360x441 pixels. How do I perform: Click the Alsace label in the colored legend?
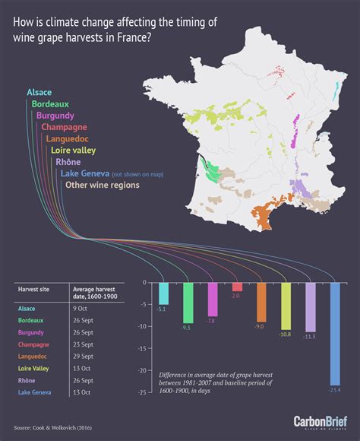click(39, 92)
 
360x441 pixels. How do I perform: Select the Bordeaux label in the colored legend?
click(51, 103)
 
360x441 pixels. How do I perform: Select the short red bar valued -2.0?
click(237, 287)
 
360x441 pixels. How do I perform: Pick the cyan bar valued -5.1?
click(163, 293)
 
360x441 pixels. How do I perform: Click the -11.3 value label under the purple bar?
click(310, 337)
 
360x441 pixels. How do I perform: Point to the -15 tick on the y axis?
click(142, 348)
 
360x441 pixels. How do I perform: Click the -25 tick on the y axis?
click(142, 392)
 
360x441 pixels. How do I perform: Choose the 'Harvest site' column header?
click(33, 290)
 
